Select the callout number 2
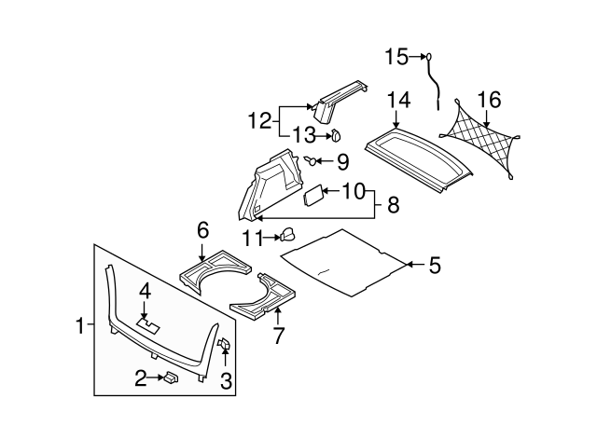[x=140, y=377]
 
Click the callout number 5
[x=434, y=266]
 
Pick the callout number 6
[x=201, y=229]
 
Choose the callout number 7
[x=276, y=334]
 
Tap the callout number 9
[x=342, y=162]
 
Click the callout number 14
[x=398, y=99]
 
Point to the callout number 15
[x=396, y=58]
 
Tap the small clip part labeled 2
[x=171, y=377]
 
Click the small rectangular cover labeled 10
[x=314, y=196]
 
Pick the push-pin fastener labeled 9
[x=309, y=161]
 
